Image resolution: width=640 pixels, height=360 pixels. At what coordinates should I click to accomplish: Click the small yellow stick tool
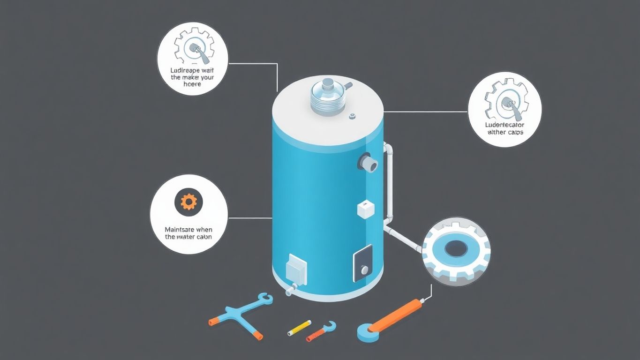[x=299, y=327]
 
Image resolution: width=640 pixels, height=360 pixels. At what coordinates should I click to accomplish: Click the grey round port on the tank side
[x=369, y=163]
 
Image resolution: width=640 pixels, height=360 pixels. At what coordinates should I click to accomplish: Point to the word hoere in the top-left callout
[x=192, y=84]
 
